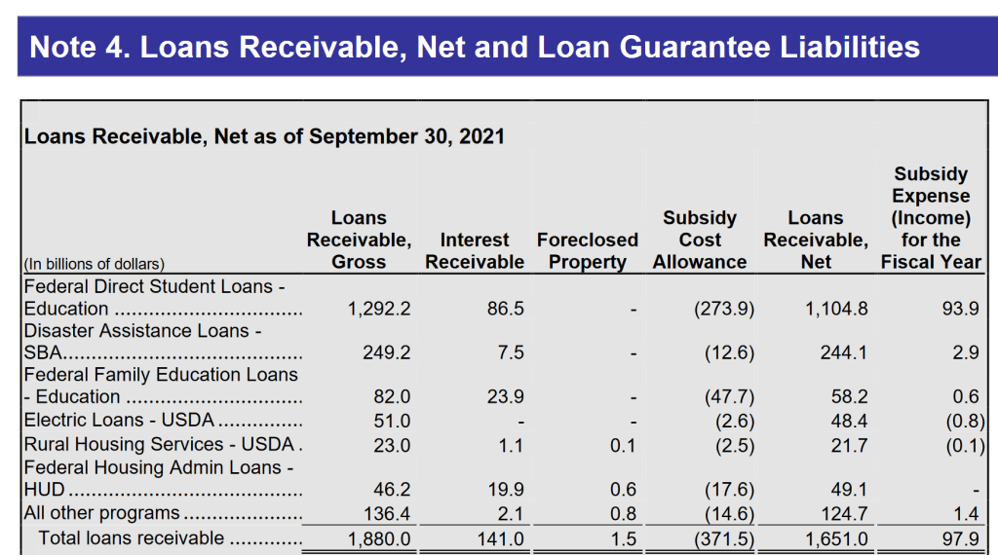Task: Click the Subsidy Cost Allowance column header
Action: coord(700,240)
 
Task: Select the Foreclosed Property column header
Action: coord(587,250)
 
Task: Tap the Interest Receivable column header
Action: coord(475,250)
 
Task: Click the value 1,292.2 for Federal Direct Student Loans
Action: coord(379,309)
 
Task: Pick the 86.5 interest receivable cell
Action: coord(506,309)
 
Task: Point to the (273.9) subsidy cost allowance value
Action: coord(724,309)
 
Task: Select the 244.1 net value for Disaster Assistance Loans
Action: coord(843,352)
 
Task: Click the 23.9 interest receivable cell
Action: coord(506,396)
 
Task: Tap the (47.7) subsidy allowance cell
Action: coord(729,396)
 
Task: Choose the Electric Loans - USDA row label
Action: coord(119,421)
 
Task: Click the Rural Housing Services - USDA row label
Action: coord(159,444)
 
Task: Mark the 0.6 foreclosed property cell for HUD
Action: coord(623,489)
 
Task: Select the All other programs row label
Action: coord(101,513)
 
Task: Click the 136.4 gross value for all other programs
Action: coord(386,514)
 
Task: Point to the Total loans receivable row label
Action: coord(132,537)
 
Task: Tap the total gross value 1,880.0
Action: coord(379,539)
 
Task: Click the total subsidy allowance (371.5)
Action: coord(724,539)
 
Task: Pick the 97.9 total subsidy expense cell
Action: coord(960,539)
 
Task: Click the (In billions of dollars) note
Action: coord(95,264)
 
